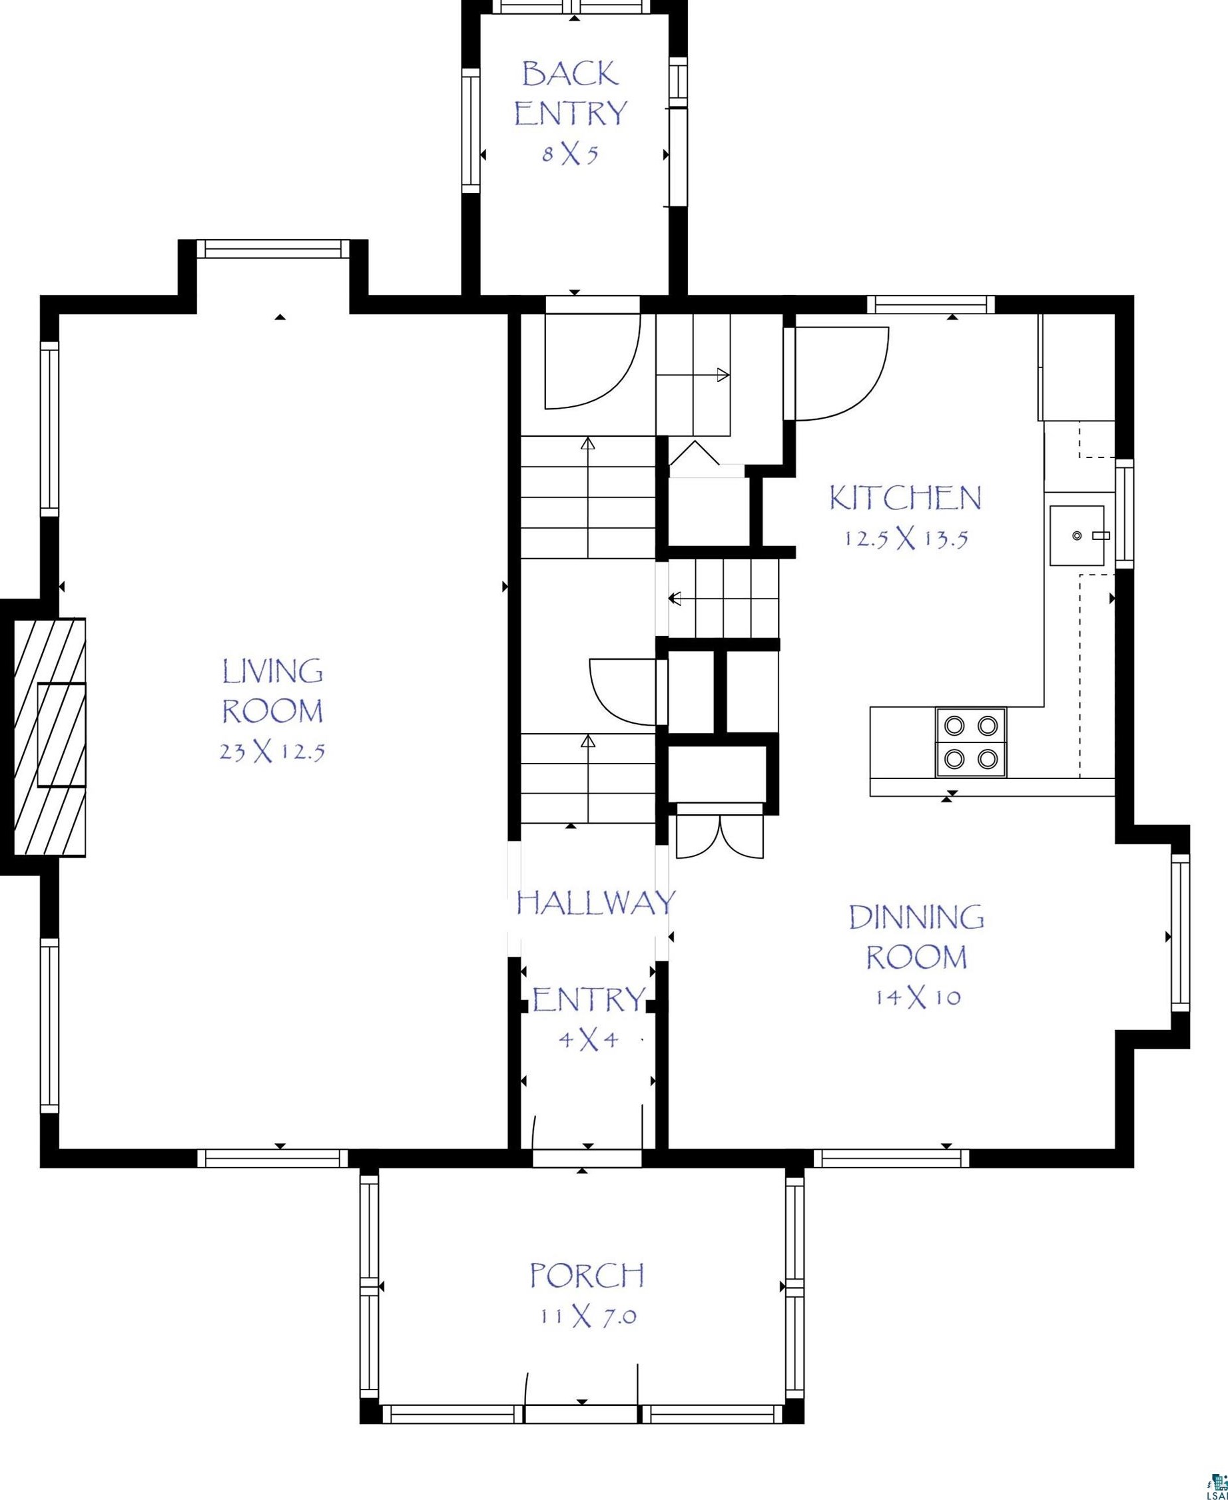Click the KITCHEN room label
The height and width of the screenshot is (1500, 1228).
click(x=905, y=498)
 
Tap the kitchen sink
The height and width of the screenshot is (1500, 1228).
click(x=1077, y=535)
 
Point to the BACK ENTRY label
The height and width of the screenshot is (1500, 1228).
click(x=570, y=93)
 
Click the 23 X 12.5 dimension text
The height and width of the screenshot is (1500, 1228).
click(x=272, y=752)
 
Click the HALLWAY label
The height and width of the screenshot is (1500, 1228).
click(x=595, y=903)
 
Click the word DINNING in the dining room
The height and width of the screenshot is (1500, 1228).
click(x=916, y=917)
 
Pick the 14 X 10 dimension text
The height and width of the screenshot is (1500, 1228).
click(x=918, y=998)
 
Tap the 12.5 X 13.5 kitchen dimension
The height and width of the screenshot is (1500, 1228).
click(x=906, y=539)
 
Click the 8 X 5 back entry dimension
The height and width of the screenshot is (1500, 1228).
click(x=570, y=154)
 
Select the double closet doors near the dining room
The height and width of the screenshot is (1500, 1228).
click(x=720, y=838)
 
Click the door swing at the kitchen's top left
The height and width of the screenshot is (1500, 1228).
click(x=842, y=373)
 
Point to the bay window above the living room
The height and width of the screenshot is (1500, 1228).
click(x=272, y=249)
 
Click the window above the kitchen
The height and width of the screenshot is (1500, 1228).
click(x=931, y=304)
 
